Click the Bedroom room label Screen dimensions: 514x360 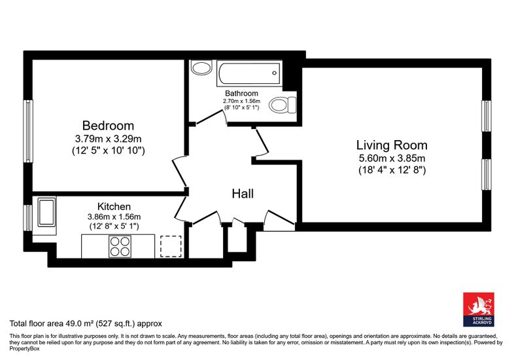[108, 126]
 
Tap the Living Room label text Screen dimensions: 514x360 [392, 145]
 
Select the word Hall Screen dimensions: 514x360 [243, 194]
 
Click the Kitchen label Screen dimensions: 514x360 [114, 206]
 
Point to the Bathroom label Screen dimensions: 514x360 [241, 93]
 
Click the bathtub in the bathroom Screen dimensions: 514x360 [249, 73]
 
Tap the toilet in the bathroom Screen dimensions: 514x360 [283, 105]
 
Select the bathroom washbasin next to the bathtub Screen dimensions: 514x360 [201, 67]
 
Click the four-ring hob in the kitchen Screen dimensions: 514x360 [120, 247]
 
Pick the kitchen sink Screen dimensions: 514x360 [46, 212]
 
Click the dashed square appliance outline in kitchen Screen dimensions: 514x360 [171, 246]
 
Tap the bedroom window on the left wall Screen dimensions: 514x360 [28, 131]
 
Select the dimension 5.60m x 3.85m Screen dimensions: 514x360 [392, 158]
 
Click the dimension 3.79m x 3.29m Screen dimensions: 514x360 [108, 139]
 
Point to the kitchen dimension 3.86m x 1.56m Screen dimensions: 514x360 [114, 217]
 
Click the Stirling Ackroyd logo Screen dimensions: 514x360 [479, 310]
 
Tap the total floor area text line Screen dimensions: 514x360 [86, 323]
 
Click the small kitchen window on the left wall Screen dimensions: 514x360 [28, 218]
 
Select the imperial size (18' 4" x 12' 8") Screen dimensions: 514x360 [392, 170]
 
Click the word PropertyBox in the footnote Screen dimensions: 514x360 [24, 348]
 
